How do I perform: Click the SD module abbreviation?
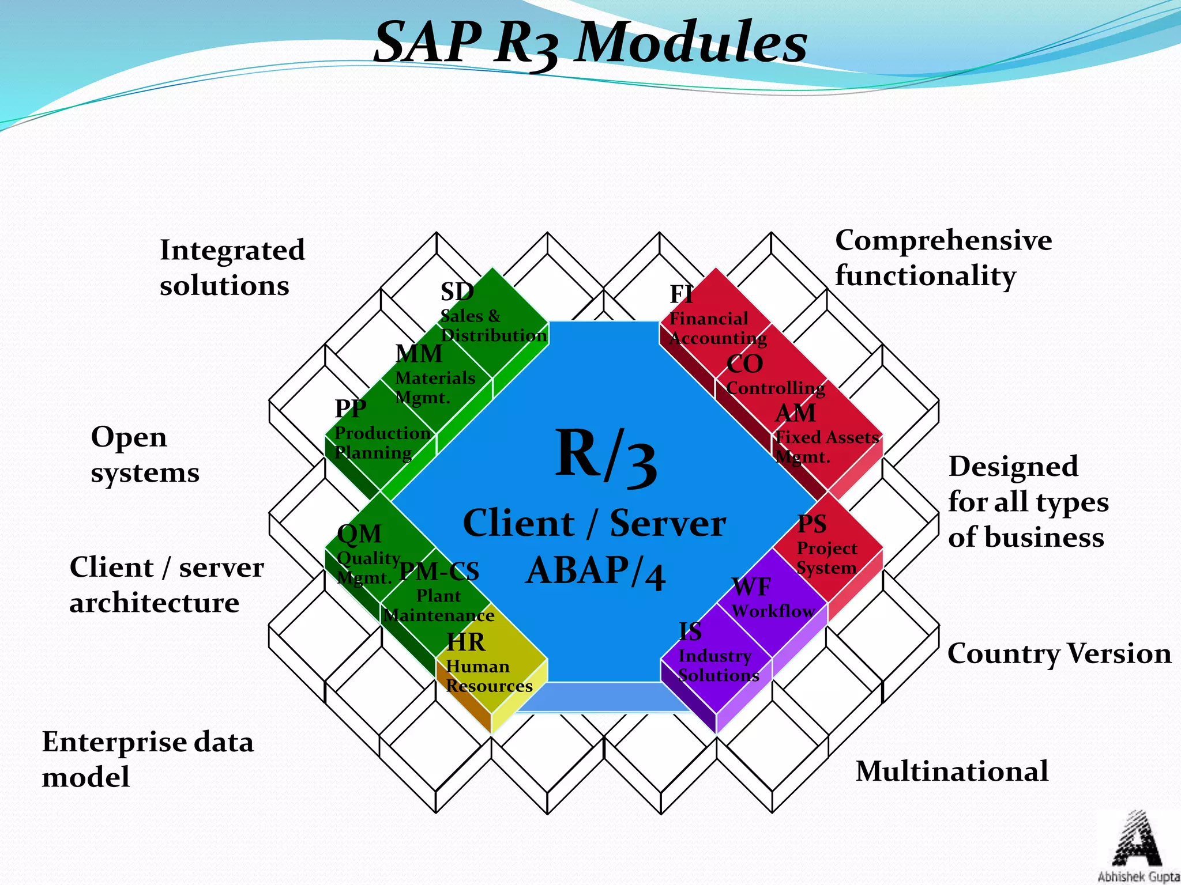coord(457,292)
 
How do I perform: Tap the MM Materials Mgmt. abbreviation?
coord(419,354)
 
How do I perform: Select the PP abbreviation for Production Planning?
coord(351,409)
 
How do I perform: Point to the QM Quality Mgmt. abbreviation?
coord(359,534)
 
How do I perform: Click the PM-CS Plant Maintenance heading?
coord(439,571)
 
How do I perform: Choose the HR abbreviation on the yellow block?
coord(466,642)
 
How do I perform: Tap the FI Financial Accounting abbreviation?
coord(681,294)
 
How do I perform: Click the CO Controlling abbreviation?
coord(744,364)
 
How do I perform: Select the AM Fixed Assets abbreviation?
coord(796,413)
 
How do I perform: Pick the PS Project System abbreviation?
coord(812,524)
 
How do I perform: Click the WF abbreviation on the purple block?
coord(751,587)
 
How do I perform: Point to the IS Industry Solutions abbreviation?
coord(690,631)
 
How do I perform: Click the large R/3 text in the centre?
coord(605,455)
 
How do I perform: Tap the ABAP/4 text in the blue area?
coord(596,572)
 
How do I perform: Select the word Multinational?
coord(952,771)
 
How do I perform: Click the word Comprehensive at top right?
coord(943,240)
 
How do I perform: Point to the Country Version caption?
coord(1059,654)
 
